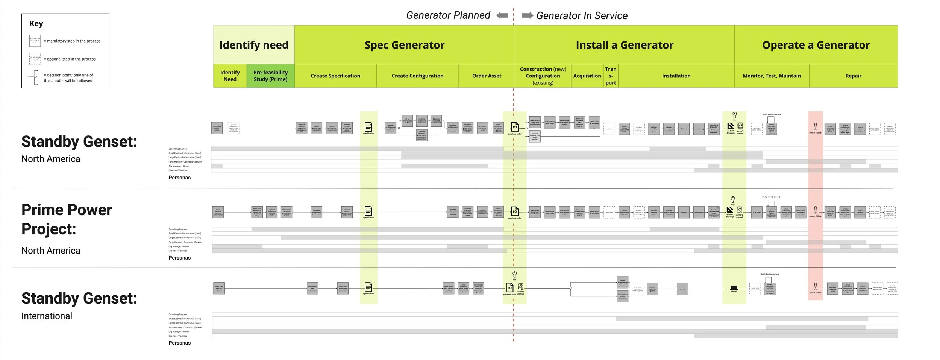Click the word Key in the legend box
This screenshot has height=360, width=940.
pos(36,24)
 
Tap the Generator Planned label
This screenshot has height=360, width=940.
pos(448,15)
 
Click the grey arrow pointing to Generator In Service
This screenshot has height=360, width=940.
pos(527,15)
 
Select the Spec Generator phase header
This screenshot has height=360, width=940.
pos(404,45)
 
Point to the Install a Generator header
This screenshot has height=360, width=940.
pos(624,45)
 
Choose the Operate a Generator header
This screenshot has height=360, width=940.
pos(816,45)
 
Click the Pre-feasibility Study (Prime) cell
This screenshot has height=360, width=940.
pos(270,76)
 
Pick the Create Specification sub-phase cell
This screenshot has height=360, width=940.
pos(335,76)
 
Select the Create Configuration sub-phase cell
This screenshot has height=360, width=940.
pos(417,76)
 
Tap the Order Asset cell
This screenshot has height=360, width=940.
pos(487,76)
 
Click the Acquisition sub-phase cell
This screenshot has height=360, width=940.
pos(587,76)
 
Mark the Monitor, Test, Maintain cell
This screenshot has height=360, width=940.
pos(772,76)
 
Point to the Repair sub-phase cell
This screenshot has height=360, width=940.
pos(853,76)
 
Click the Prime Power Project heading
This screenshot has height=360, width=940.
pos(67,219)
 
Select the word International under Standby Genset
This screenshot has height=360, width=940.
pos(47,316)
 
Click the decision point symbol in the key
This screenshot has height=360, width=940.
pos(36,77)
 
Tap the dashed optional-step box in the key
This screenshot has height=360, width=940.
pos(35,59)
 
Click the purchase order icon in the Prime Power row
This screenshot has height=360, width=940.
pos(515,211)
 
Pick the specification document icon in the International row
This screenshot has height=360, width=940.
pos(368,287)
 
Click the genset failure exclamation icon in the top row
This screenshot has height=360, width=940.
pos(815,127)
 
